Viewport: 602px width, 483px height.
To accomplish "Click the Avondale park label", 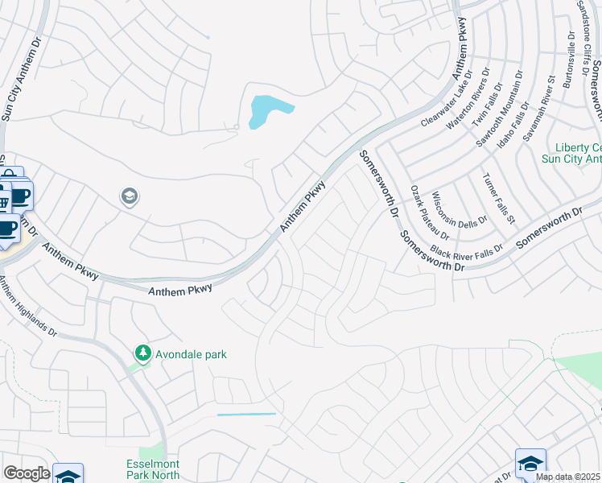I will (x=192, y=353).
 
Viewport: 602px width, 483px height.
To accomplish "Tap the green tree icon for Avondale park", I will (x=142, y=353).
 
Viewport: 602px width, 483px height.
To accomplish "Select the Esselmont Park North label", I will (x=153, y=469).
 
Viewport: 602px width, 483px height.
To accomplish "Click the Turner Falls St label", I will (x=499, y=198).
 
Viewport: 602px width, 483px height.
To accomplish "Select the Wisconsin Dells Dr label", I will (x=460, y=208).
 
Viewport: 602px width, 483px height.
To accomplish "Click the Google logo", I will (x=27, y=473).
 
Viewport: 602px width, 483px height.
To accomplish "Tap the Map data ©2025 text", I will (x=567, y=477).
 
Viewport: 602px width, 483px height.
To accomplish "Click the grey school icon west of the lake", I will (x=129, y=196).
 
